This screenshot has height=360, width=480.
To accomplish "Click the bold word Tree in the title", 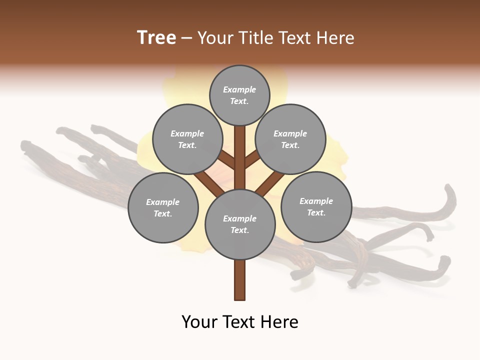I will click(156, 38).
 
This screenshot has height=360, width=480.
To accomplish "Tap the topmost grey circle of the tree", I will click(239, 95).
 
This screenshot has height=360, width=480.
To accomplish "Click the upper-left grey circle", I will click(187, 139).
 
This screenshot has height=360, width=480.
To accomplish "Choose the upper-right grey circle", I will click(290, 139).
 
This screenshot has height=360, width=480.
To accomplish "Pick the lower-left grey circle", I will click(162, 207).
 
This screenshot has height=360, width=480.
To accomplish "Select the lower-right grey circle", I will click(316, 206).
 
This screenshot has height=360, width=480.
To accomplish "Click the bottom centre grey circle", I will click(239, 224).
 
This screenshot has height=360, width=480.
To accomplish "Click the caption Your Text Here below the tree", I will click(239, 322).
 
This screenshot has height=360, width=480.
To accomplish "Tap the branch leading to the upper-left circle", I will click(226, 160).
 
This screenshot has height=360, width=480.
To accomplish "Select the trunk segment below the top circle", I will click(239, 150).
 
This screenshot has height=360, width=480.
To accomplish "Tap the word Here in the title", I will click(336, 38).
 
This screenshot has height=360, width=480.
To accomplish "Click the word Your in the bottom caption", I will click(199, 322).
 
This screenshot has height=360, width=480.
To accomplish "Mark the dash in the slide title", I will click(186, 38).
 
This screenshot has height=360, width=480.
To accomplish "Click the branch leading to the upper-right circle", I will click(252, 159).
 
